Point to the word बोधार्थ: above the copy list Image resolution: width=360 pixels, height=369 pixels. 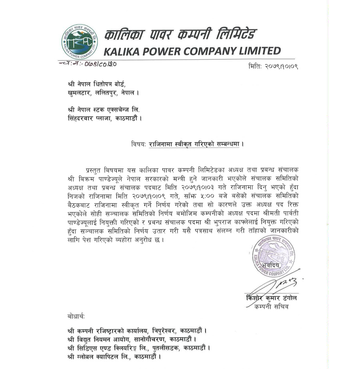(77, 317)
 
